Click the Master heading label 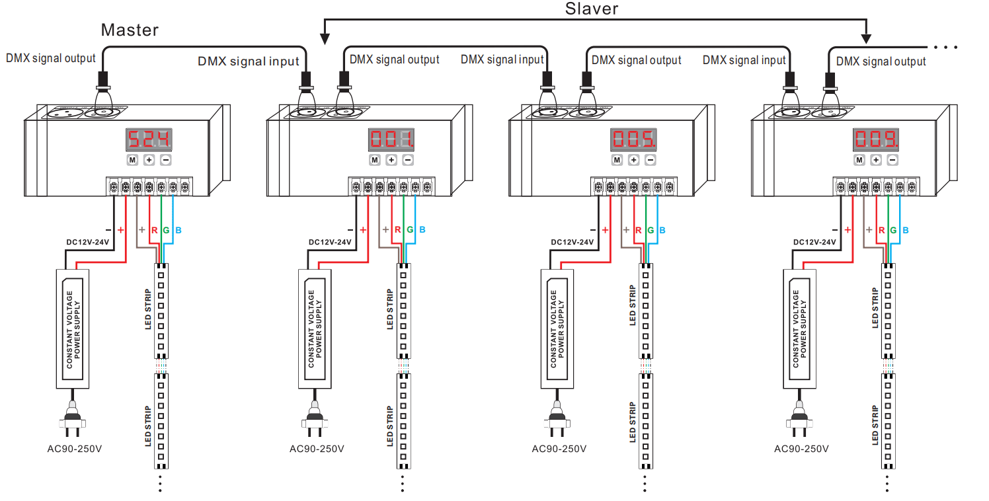pyautogui.click(x=130, y=30)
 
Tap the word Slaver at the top pyautogui.click(x=592, y=9)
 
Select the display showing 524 pyautogui.click(x=149, y=139)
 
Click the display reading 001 pyautogui.click(x=391, y=139)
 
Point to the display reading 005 pyautogui.click(x=633, y=139)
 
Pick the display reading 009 pyautogui.click(x=876, y=139)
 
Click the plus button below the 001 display pyautogui.click(x=391, y=160)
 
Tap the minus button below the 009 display pyautogui.click(x=892, y=160)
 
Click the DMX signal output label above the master pyautogui.click(x=51, y=58)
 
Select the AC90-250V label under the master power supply pyautogui.click(x=75, y=449)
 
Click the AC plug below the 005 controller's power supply pyautogui.click(x=559, y=423)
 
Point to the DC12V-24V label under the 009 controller pyautogui.click(x=814, y=242)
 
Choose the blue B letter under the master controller pyautogui.click(x=179, y=230)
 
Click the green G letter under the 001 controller pyautogui.click(x=410, y=230)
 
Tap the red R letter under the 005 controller pyautogui.click(x=638, y=230)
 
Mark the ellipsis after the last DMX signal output pyautogui.click(x=947, y=48)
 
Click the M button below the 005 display pyautogui.click(x=617, y=160)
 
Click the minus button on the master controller pyautogui.click(x=166, y=160)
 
